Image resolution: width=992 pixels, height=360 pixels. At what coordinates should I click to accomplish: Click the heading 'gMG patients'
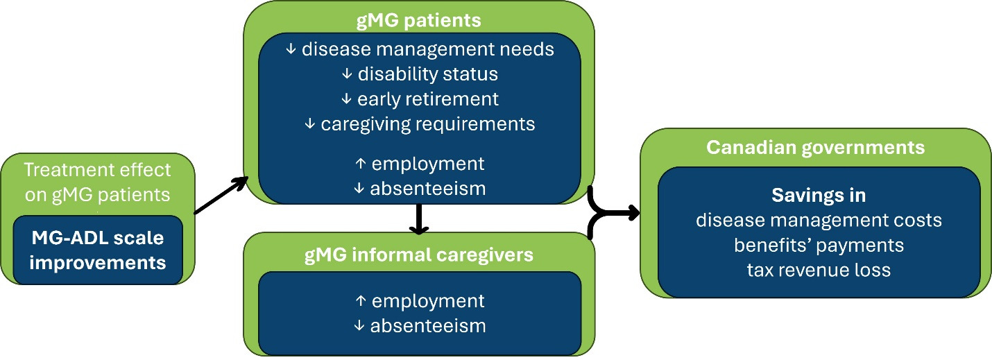418,21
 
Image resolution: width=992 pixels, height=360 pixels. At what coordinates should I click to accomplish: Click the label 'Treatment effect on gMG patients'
97,182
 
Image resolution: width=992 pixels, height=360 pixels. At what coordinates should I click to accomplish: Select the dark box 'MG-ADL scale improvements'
97,250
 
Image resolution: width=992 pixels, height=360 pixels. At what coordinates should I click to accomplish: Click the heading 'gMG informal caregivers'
418,255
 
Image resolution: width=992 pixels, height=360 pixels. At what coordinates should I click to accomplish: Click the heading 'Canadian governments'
815,148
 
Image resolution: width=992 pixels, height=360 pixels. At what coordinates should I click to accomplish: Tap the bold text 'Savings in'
819,196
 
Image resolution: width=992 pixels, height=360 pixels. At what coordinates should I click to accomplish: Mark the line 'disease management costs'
819,221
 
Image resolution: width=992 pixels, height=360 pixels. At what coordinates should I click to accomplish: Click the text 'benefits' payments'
819,245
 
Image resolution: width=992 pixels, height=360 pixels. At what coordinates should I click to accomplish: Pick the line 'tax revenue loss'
819,270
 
